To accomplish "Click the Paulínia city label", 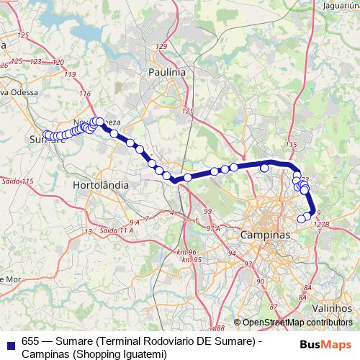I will tap(166, 73).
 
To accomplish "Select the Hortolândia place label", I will tap(102, 185).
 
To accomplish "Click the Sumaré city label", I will tap(49, 139).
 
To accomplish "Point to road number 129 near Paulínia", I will tap(161, 46).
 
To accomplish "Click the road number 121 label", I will tap(189, 111).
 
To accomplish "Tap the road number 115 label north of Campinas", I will tap(291, 145).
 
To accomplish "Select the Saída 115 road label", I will tap(18, 180).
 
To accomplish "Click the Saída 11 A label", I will tap(117, 230).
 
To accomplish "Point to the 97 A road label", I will tap(212, 228).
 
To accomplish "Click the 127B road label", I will tap(320, 225).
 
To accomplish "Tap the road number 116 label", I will tap(85, 94).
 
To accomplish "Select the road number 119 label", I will tap(69, 74).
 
